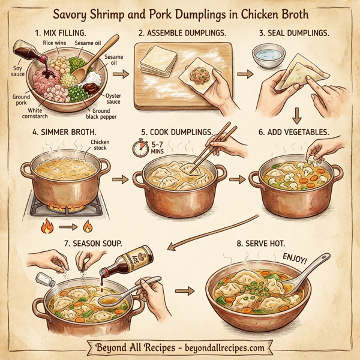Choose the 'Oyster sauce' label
click(113, 99)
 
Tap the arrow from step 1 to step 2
click(122, 74)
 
